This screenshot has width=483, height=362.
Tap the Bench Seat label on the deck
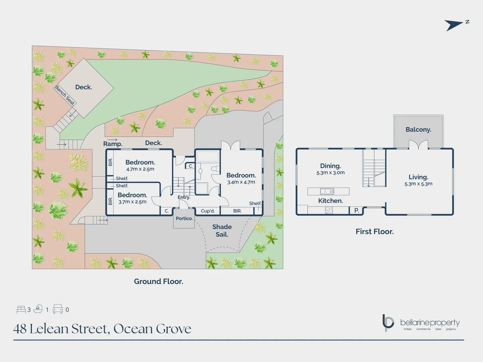(65, 96)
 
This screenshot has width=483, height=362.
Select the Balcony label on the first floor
(418, 130)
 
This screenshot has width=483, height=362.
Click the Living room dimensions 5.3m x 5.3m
(418, 184)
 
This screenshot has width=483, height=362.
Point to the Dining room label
(330, 166)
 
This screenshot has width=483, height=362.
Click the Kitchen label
(330, 201)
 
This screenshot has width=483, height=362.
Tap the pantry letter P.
(357, 210)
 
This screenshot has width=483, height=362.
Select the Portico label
(184, 219)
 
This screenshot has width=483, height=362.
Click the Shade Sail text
(222, 231)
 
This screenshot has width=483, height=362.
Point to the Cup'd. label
(208, 211)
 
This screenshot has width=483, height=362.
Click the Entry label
(184, 197)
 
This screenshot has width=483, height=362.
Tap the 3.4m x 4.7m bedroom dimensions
(241, 182)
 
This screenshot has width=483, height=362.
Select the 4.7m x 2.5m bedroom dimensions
(140, 169)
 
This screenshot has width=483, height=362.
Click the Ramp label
(113, 144)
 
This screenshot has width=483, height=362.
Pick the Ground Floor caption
(159, 282)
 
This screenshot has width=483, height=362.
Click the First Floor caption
(375, 232)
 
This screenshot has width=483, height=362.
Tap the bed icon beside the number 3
(21, 309)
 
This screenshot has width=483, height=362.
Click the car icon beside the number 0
(58, 309)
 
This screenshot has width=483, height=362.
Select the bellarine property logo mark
(388, 323)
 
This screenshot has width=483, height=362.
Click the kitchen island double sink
(327, 191)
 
